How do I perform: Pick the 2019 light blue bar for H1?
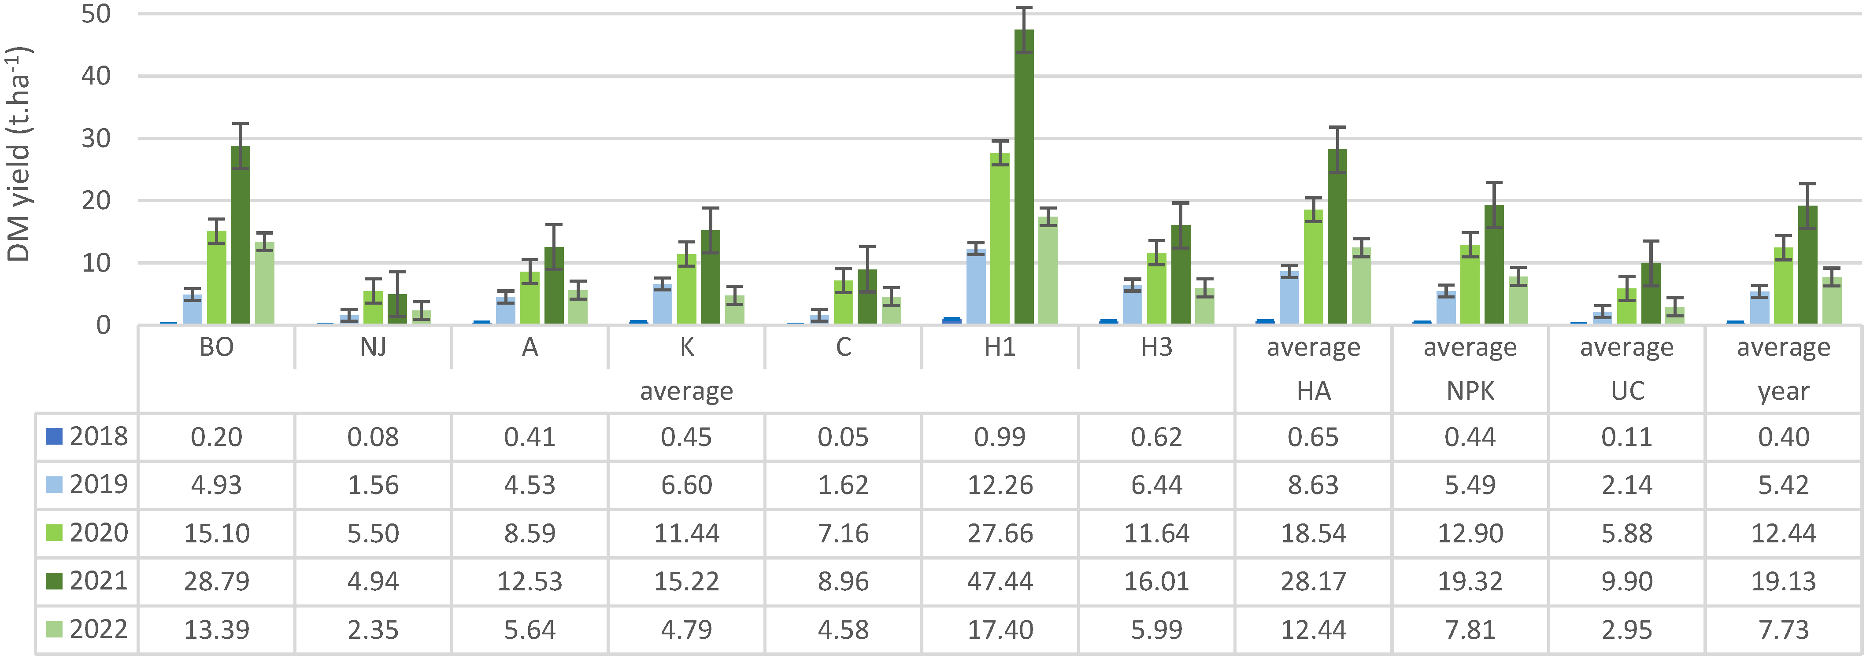pyautogui.click(x=976, y=287)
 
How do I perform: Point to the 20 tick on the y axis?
pyautogui.click(x=96, y=201)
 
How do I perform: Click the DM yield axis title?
pyautogui.click(x=19, y=154)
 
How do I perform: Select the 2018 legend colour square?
pyautogui.click(x=54, y=436)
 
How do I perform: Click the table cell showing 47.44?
pyautogui.click(x=1000, y=582)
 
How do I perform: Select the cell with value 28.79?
pyautogui.click(x=216, y=582)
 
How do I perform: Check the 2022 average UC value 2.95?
pyautogui.click(x=1627, y=630)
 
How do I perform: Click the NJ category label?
pyautogui.click(x=373, y=347)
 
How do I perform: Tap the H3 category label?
pyautogui.click(x=1156, y=347)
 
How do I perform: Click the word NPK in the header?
pyautogui.click(x=1470, y=391)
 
